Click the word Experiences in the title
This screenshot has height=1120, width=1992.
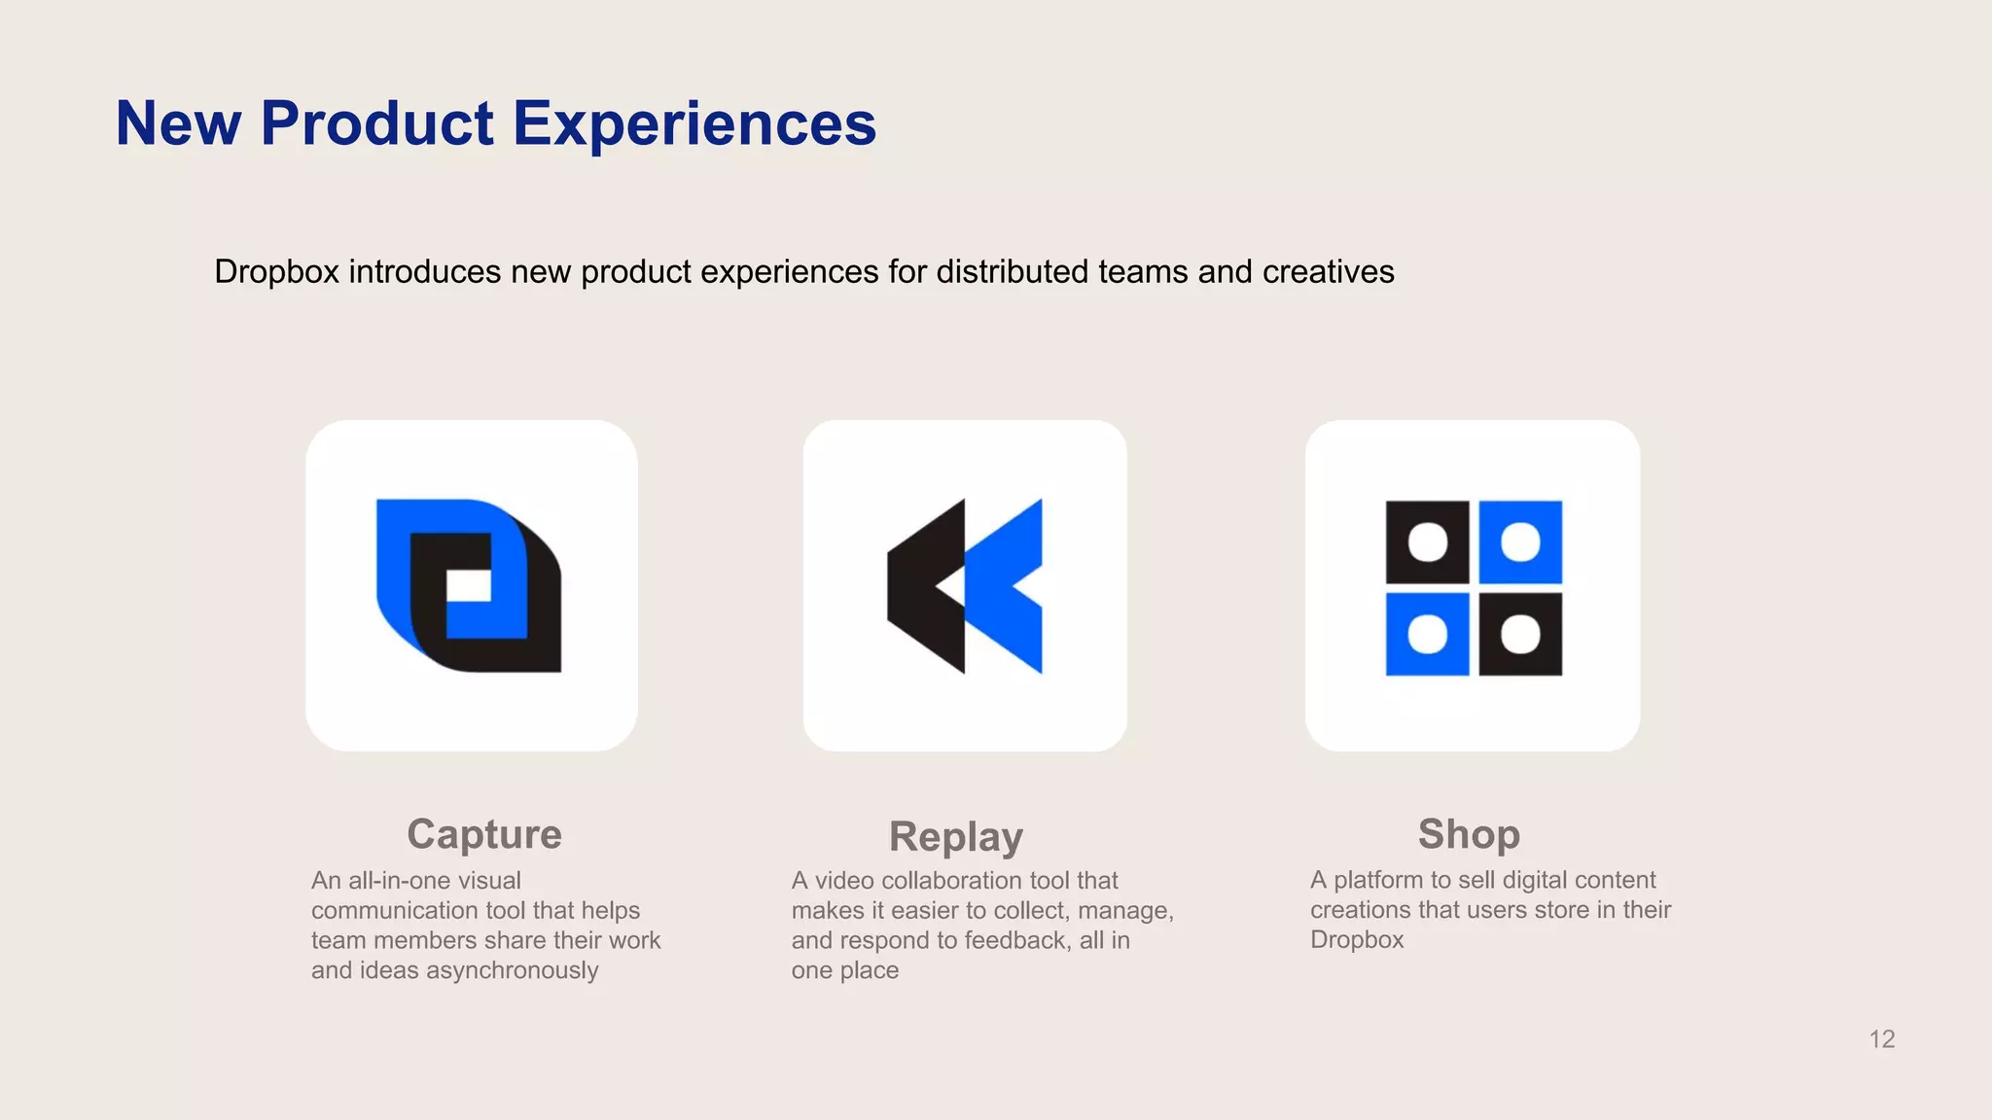[x=694, y=123]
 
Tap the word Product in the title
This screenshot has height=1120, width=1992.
[x=377, y=123]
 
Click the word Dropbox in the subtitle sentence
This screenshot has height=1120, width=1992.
[x=276, y=271]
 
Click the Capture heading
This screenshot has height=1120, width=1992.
[x=483, y=834]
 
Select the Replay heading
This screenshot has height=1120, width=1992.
[x=955, y=837]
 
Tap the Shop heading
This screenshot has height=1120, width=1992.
[x=1469, y=834]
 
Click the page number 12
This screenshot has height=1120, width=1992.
[x=1881, y=1039]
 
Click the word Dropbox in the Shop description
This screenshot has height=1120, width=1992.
[x=1357, y=940]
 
